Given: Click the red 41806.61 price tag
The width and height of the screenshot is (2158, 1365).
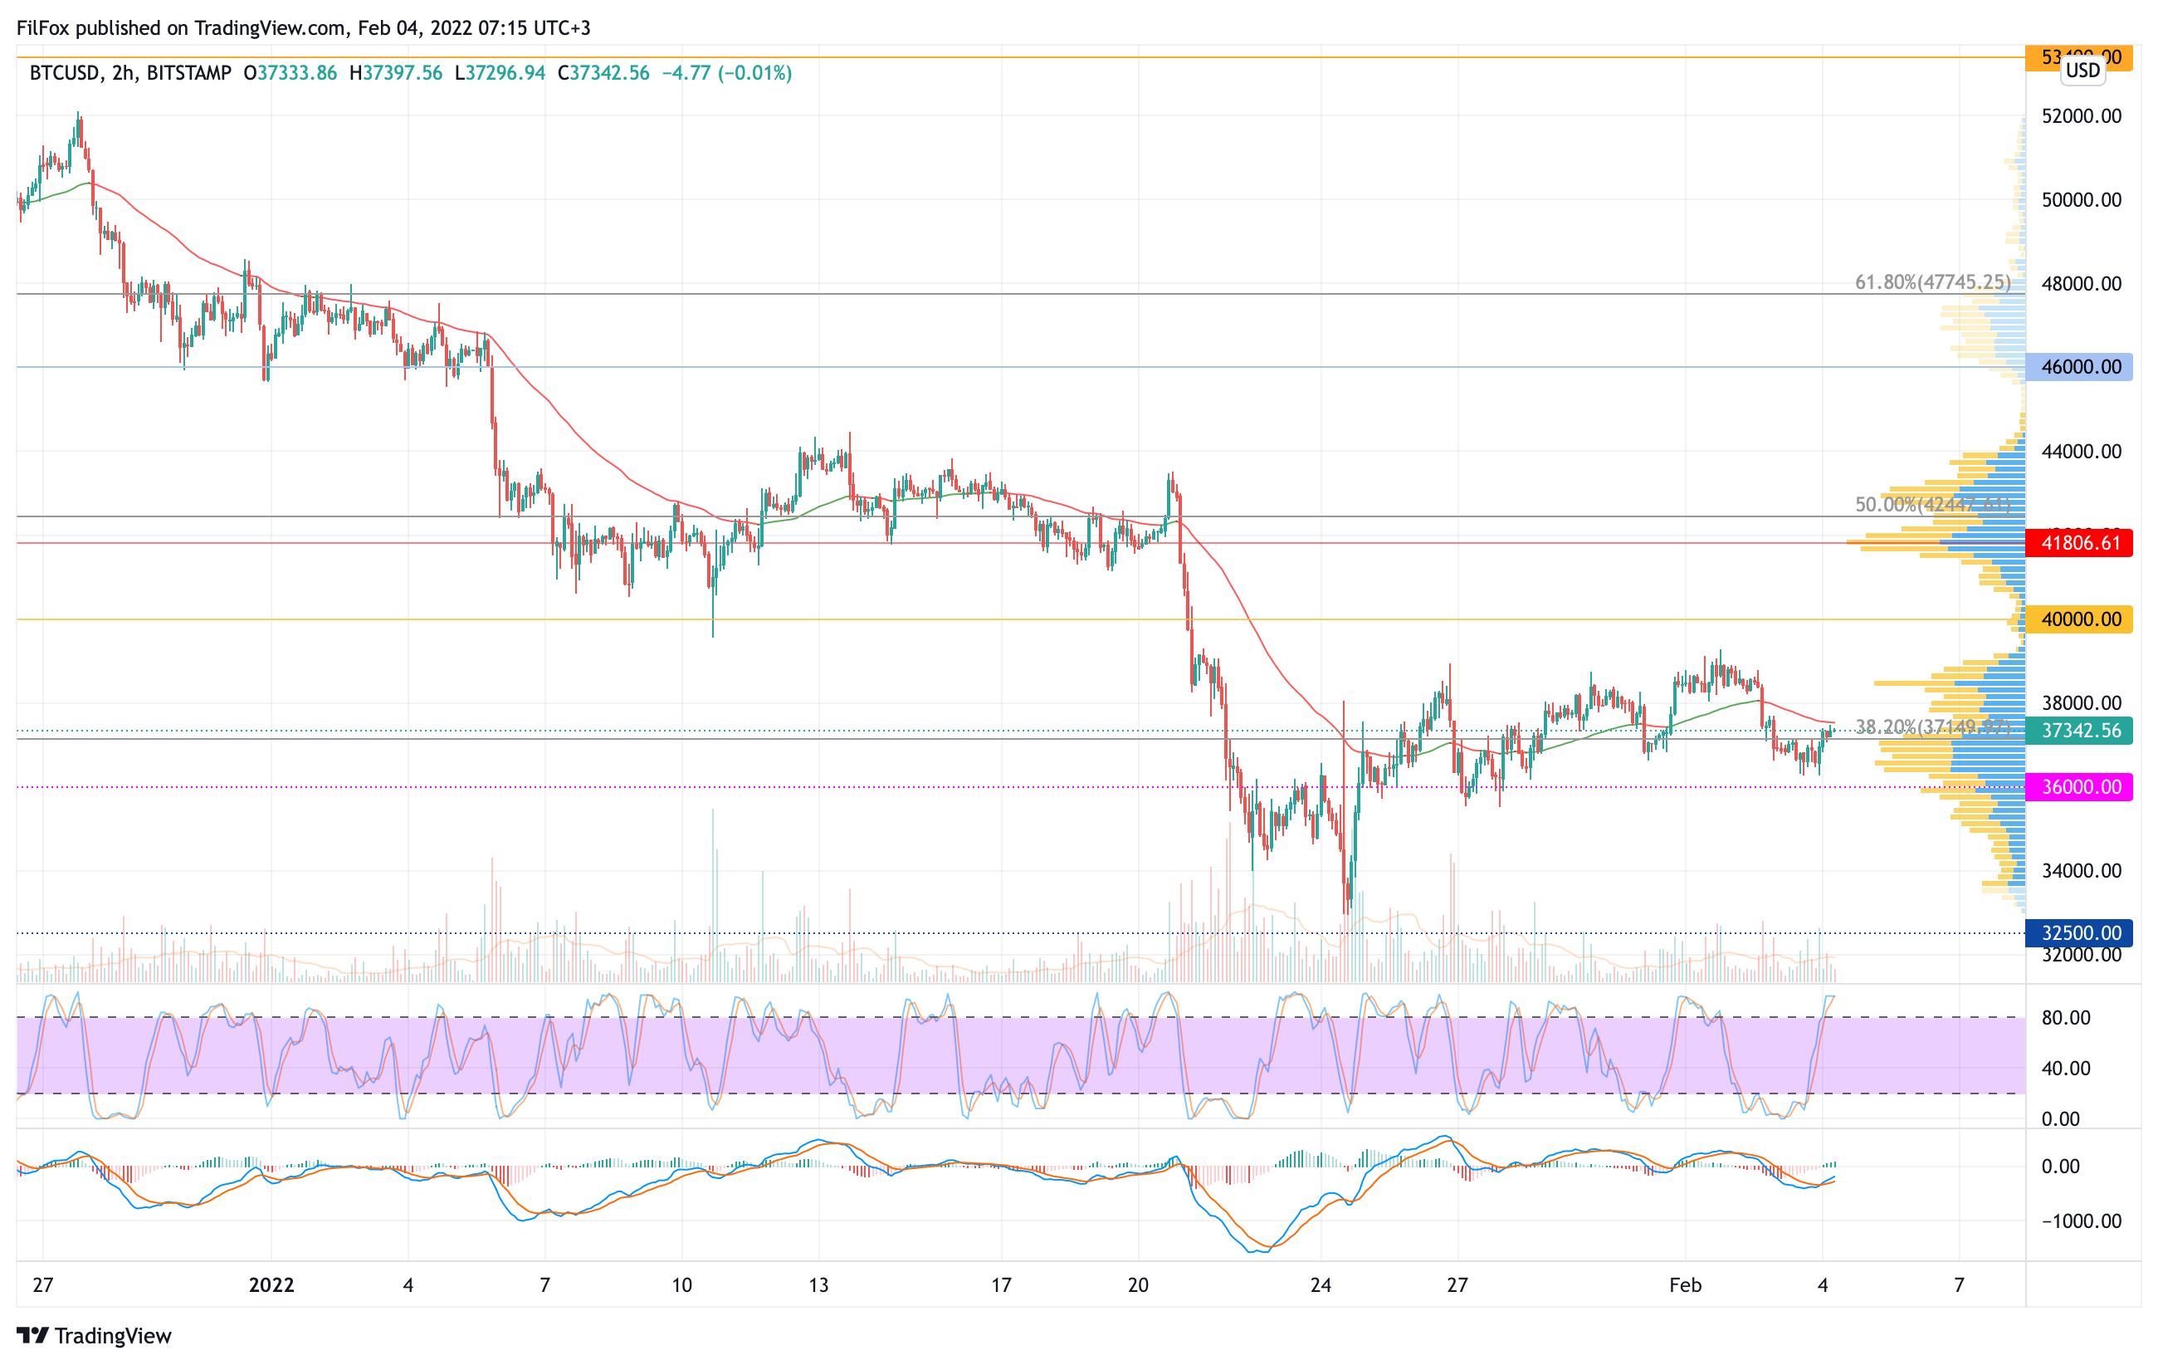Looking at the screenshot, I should tap(2078, 543).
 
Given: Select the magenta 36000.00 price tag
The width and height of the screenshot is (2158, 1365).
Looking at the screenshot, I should tap(2078, 787).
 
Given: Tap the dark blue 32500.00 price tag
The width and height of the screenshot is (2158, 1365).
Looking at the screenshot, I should tap(2078, 933).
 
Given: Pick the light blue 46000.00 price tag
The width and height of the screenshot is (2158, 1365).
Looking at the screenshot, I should tap(2078, 366).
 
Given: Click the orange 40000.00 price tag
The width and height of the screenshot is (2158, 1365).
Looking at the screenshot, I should tap(2078, 619).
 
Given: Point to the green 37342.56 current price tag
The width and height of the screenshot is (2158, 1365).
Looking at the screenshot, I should tap(2078, 731).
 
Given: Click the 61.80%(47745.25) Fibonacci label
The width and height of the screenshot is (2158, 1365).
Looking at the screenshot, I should tap(1932, 282).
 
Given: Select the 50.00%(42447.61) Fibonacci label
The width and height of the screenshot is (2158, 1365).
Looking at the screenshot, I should tap(1932, 505).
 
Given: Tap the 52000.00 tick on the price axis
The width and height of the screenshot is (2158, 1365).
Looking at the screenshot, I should tap(2081, 115).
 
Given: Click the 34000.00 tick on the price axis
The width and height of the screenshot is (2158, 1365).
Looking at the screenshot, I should tap(2081, 870).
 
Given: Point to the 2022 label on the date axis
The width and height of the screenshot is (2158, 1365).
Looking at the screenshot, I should tap(271, 1284).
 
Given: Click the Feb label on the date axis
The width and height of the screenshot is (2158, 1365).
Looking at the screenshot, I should tap(1685, 1284).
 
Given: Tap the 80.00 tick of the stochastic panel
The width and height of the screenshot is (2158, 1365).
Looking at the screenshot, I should tap(2066, 1017).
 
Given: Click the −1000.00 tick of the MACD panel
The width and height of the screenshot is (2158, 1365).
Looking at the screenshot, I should tap(2078, 1221).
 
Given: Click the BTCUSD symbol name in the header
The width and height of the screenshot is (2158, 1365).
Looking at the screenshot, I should tap(64, 72).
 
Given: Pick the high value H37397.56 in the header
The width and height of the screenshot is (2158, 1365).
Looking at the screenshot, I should tap(395, 72).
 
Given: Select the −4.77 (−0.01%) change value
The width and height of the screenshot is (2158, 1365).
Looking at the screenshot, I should tap(727, 72).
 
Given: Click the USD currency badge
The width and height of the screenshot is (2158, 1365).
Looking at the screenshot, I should tap(2082, 70).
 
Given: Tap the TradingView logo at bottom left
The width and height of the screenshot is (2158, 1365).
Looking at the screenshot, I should tap(94, 1335).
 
